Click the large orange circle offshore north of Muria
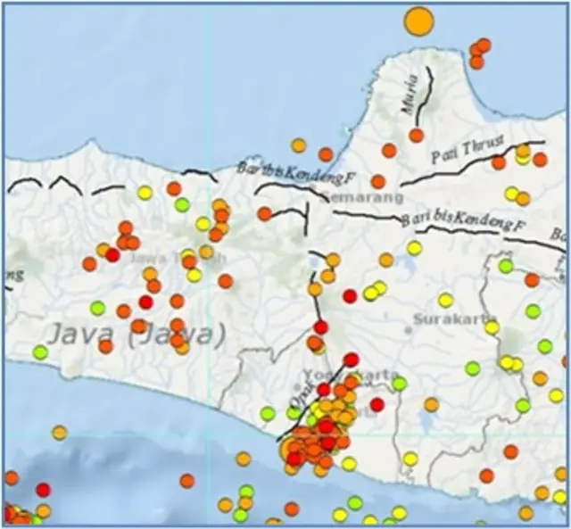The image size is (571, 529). tap(418, 21)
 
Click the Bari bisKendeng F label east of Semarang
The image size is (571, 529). tap(462, 221)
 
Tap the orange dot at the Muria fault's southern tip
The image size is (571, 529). tap(417, 136)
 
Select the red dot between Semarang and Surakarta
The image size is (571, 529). tap(350, 296)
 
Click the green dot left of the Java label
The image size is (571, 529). tap(40, 352)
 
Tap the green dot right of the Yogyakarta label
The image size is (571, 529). tap(399, 384)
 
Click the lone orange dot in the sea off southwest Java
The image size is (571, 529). tap(59, 433)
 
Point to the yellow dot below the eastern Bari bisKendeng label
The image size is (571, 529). tap(414, 248)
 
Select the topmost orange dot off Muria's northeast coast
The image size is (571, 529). tap(484, 45)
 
